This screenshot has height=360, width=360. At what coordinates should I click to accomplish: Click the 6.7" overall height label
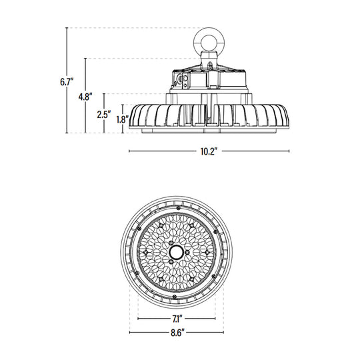coord(65,82)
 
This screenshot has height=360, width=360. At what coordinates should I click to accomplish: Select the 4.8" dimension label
coord(85,97)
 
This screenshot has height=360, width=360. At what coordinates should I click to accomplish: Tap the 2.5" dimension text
coord(103,114)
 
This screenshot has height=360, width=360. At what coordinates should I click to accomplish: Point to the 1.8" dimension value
coord(121,120)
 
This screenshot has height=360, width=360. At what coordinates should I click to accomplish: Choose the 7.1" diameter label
coord(177,318)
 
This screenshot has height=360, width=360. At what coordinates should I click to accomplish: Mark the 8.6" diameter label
coord(177,332)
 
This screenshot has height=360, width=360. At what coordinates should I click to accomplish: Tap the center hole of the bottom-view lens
coord(177,251)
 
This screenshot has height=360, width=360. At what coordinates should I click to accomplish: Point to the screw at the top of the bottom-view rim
coord(177,204)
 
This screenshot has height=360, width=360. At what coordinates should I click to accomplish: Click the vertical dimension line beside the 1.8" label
coord(124,120)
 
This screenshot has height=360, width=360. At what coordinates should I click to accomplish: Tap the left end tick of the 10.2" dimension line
coord(129,151)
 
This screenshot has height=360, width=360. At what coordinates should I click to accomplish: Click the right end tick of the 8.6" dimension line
coord(224,332)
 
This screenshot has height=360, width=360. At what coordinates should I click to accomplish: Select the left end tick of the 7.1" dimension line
coord(138,318)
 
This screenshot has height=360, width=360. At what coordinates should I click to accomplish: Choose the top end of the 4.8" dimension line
coord(86,59)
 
